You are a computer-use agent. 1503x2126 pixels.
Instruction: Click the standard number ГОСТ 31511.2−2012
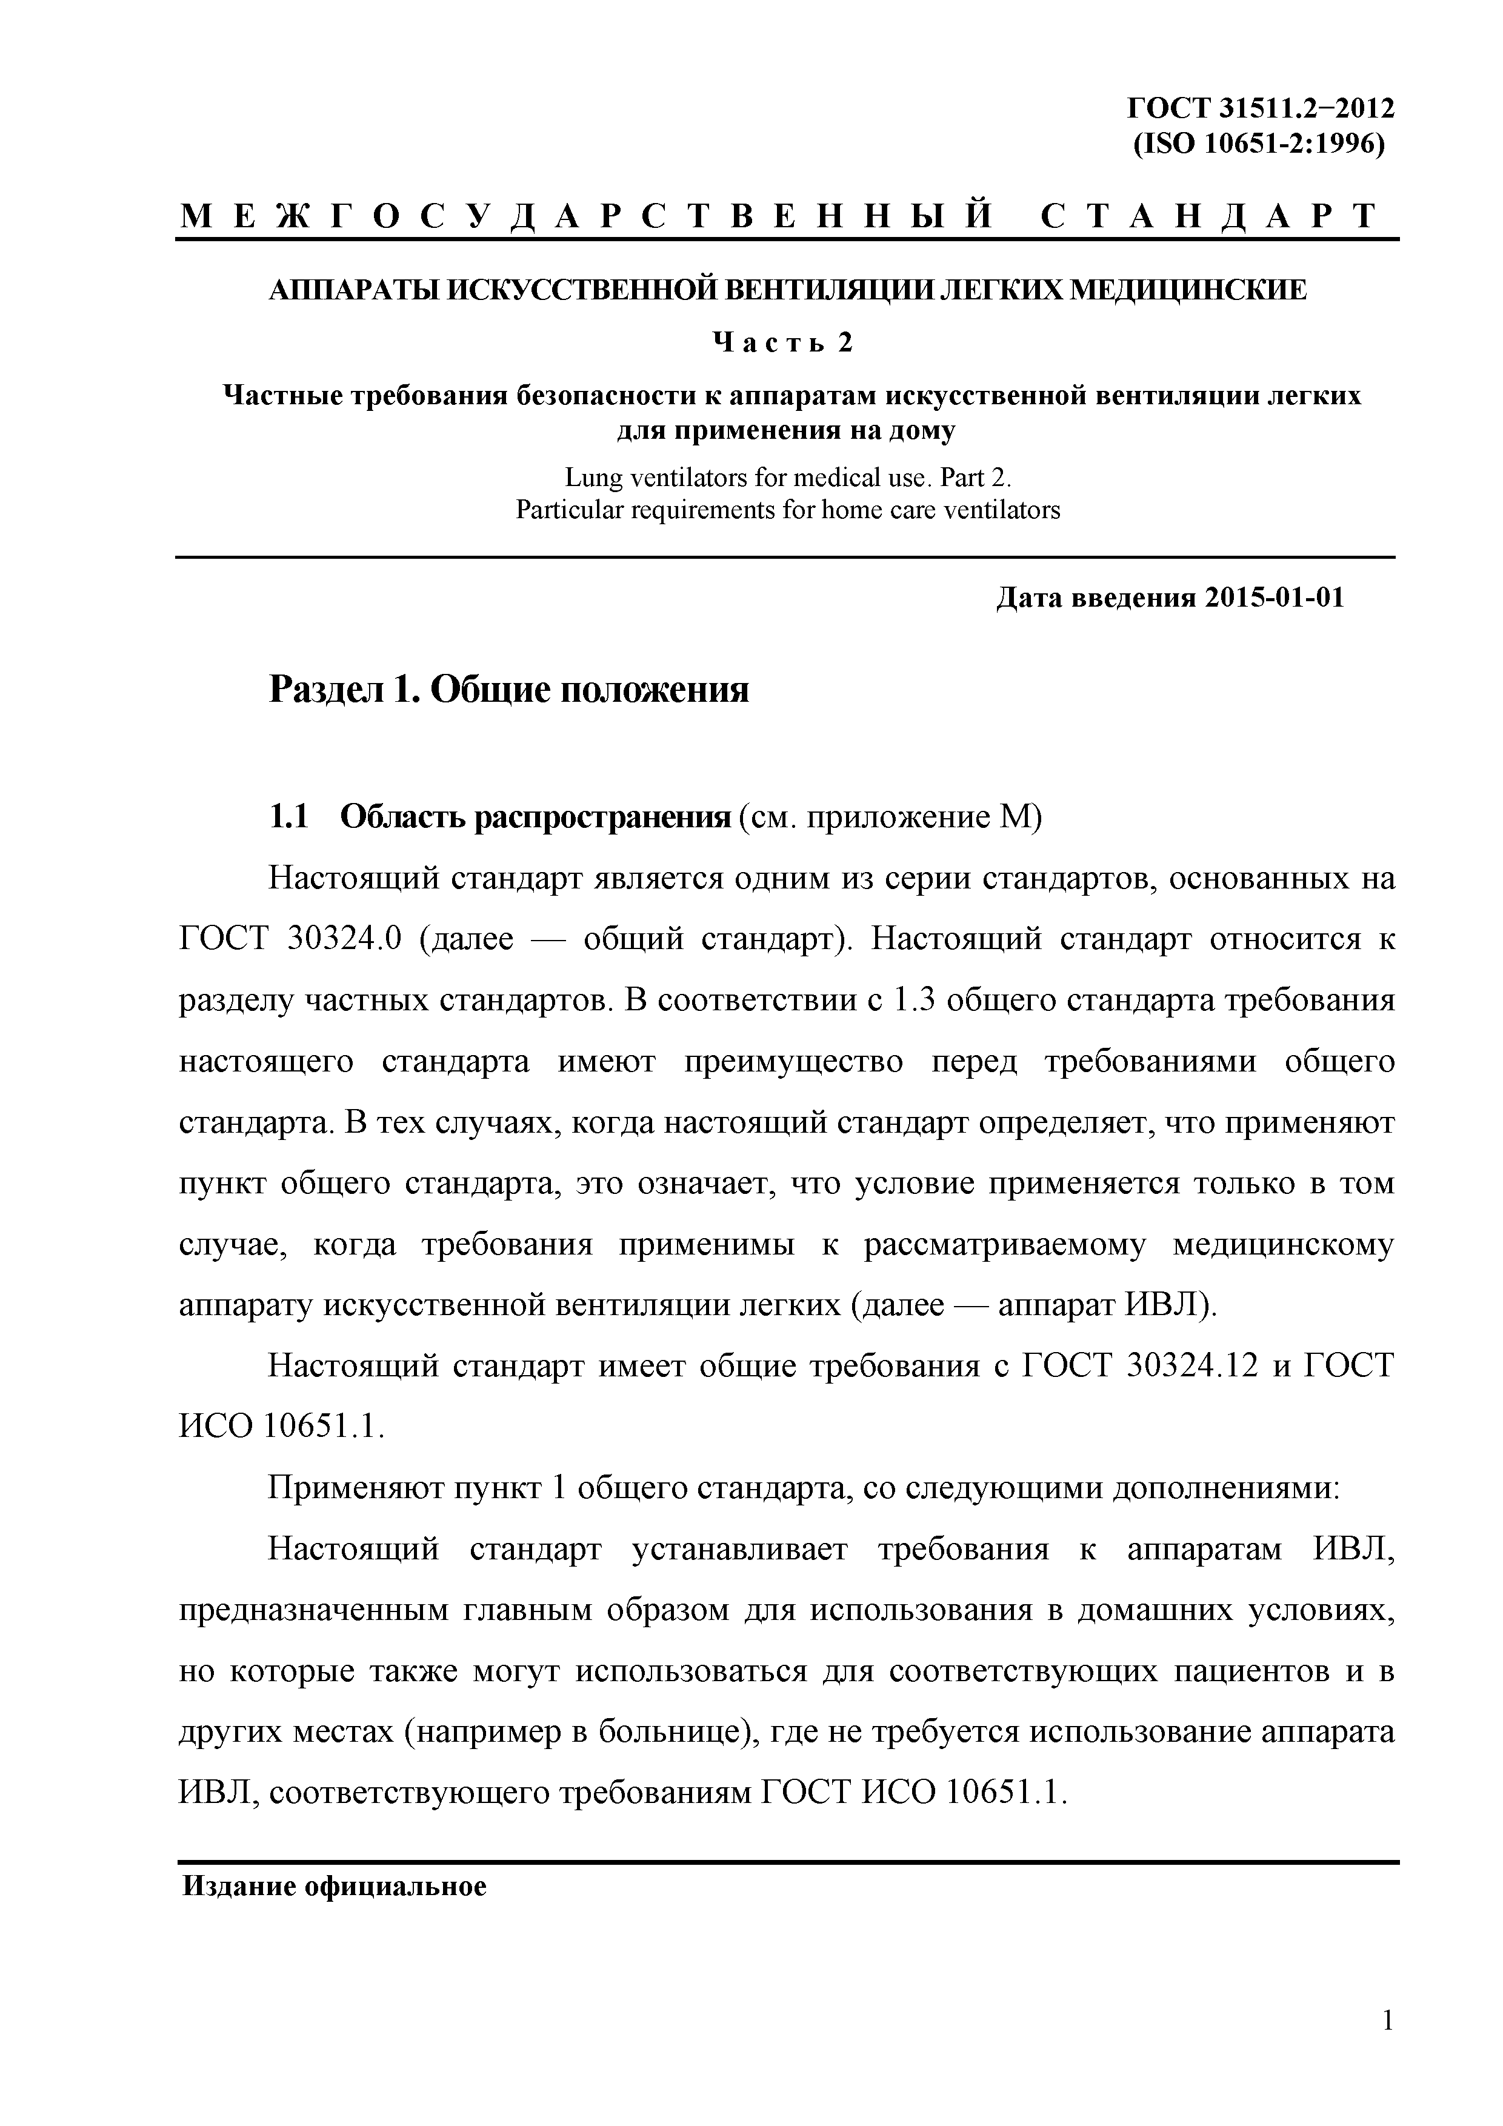(x=1259, y=109)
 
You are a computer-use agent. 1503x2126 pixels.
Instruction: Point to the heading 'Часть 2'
(x=782, y=344)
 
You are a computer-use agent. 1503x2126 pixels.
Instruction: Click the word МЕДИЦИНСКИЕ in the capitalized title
(x=1188, y=291)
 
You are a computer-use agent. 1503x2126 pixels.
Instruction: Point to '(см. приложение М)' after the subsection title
(x=891, y=818)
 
